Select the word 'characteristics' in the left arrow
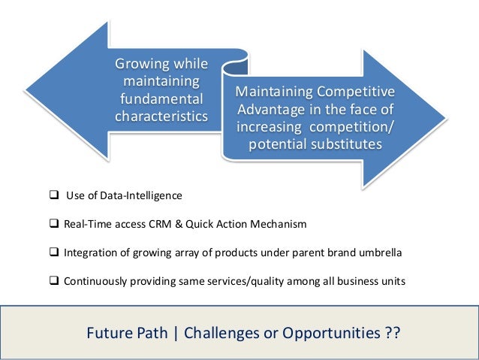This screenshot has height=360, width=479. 161,116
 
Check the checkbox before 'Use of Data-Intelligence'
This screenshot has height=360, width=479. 54,195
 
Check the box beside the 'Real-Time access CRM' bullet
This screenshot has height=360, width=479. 54,224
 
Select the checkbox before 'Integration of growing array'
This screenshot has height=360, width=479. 54,253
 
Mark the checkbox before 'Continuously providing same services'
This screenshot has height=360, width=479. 54,281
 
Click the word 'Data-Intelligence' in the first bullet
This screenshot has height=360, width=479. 144,196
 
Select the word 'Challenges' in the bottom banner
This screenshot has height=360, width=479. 231,332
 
